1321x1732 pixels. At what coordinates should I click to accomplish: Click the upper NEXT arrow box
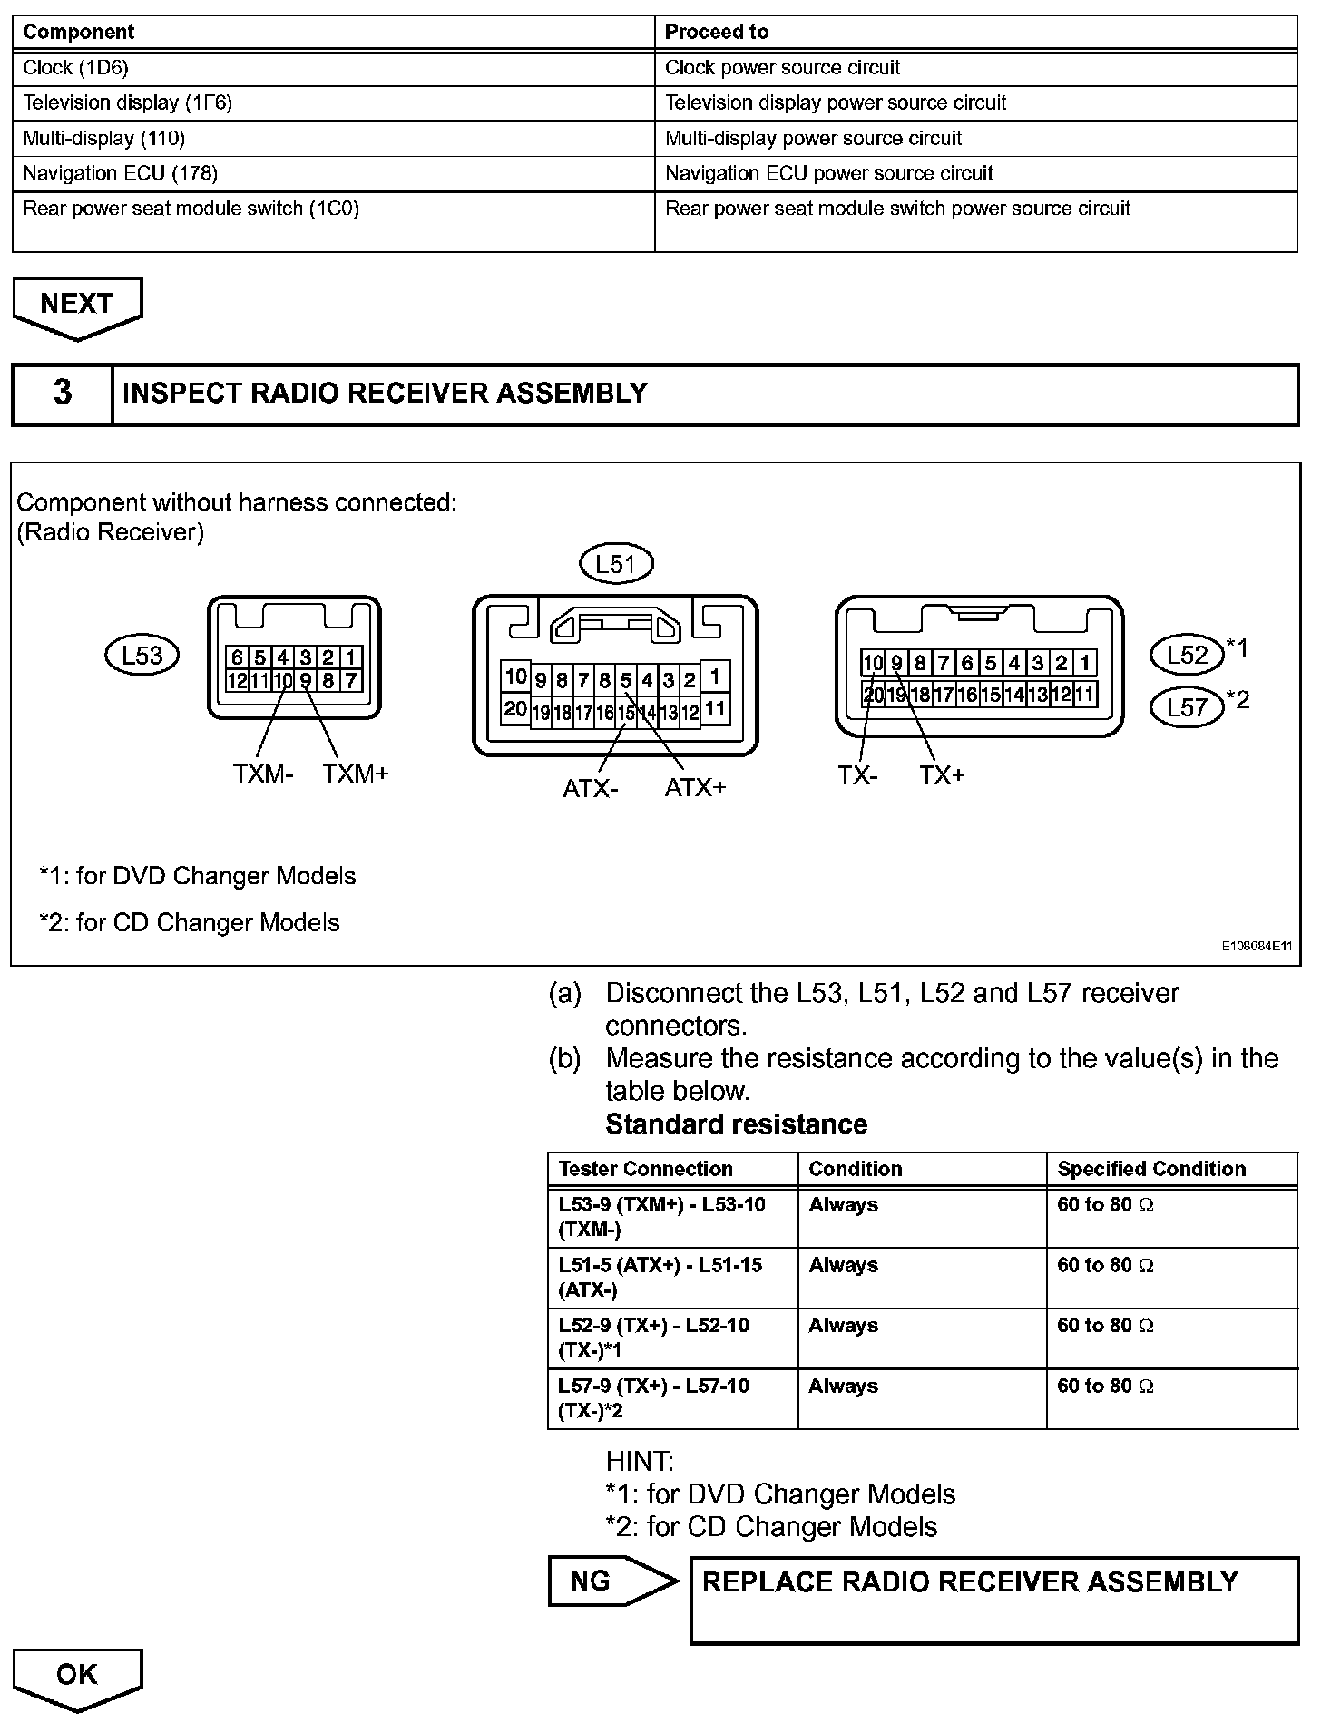tap(77, 306)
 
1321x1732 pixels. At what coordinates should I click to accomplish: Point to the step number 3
tap(62, 394)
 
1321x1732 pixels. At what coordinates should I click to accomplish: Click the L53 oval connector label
tap(142, 655)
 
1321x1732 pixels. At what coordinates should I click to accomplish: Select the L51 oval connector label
tap(616, 565)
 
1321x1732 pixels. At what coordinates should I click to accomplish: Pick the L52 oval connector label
tap(1186, 655)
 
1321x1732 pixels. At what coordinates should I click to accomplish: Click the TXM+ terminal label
tap(355, 774)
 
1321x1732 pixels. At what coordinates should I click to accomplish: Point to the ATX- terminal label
tap(590, 788)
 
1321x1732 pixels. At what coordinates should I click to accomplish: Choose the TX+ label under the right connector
tap(942, 776)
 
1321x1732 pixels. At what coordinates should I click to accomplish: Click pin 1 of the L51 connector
tap(715, 676)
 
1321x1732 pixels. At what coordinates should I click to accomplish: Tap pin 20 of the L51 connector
tap(515, 709)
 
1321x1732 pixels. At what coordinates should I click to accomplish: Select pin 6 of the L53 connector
tap(237, 657)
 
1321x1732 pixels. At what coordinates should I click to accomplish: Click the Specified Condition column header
tap(1151, 1169)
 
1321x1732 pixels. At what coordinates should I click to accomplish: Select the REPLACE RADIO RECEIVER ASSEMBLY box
tap(993, 1600)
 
